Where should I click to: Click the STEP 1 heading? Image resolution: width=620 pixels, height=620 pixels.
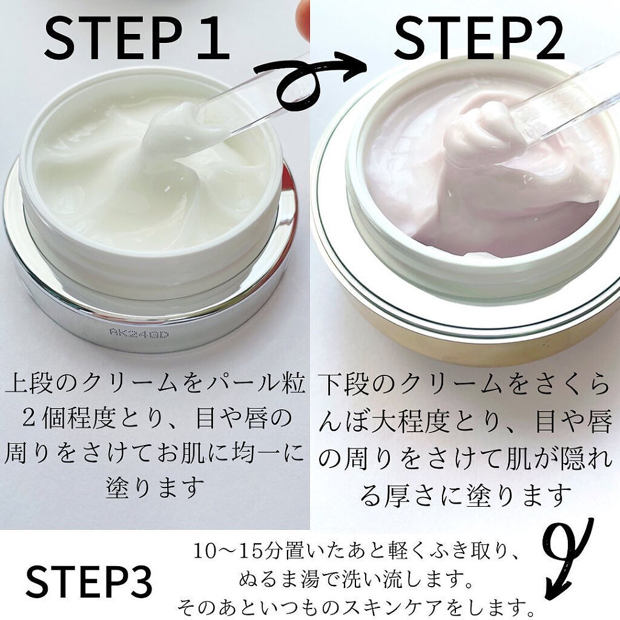click(x=136, y=38)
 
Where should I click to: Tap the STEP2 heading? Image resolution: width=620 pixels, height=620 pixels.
click(x=479, y=38)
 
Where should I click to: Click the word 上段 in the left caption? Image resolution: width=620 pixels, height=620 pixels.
click(x=29, y=386)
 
